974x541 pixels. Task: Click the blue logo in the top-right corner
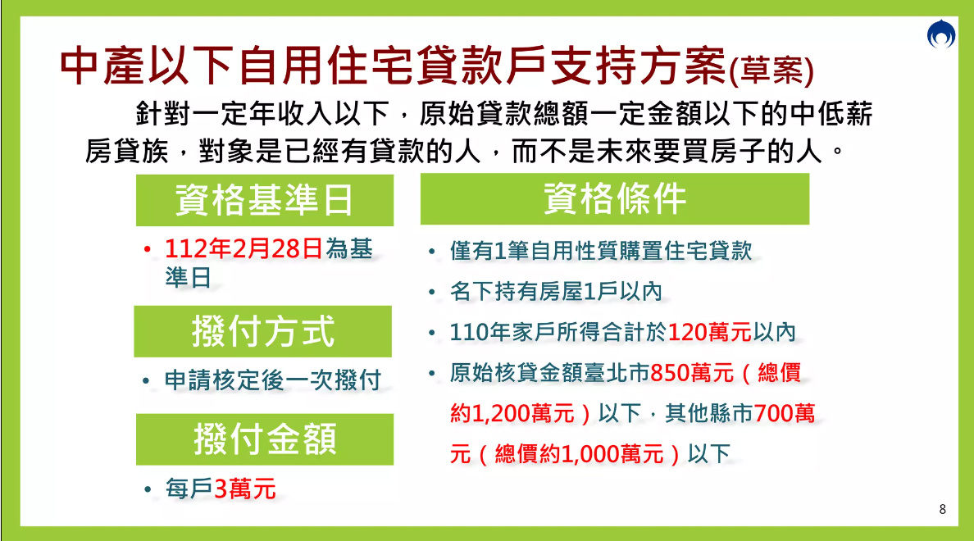[x=941, y=34]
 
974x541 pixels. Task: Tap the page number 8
[x=942, y=509]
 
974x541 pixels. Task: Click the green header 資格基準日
[x=265, y=200]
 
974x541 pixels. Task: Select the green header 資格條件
[x=615, y=198]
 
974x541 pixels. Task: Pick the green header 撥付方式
[x=262, y=331]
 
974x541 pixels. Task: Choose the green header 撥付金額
[x=265, y=439]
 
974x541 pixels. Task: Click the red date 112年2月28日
[x=243, y=249]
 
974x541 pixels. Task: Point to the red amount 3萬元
[x=245, y=489]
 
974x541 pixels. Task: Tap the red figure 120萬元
[x=710, y=332]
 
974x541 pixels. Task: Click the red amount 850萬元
[x=692, y=373]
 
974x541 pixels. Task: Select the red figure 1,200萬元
[x=523, y=414]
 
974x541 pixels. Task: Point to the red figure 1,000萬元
[x=612, y=454]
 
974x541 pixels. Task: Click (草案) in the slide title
[x=771, y=70]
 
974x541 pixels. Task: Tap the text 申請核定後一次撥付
[x=273, y=380]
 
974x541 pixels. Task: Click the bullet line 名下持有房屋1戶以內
[x=556, y=291]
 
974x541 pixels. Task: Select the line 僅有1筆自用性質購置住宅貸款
[x=601, y=251]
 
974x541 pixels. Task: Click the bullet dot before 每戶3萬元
[x=148, y=489]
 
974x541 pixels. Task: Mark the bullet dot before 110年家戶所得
[x=432, y=333]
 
